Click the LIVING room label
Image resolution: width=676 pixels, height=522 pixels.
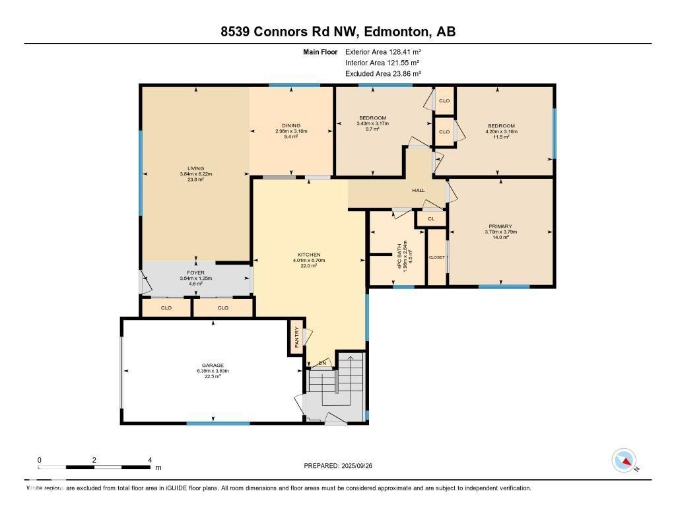coord(195,168)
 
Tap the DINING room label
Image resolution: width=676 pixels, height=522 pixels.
coord(291,125)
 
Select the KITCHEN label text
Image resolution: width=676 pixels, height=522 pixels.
coord(309,255)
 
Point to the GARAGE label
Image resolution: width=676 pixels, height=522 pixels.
coord(213,365)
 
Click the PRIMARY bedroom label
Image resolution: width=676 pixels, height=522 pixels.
coord(501,226)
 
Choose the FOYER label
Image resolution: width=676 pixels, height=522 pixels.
coord(195,273)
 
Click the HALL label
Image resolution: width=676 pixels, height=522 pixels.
coord(418,191)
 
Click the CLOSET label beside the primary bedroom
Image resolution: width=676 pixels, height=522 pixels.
coord(437,257)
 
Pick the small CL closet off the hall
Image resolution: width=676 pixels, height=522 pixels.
coord(431,218)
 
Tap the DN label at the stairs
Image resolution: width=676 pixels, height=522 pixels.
coord(323,363)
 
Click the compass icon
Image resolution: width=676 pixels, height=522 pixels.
coord(624,461)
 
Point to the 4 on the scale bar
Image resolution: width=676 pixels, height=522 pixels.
coord(150,460)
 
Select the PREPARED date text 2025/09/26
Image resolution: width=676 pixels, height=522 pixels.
coord(362,466)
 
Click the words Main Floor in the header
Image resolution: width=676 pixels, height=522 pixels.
coord(321,51)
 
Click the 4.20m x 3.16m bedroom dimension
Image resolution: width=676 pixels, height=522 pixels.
coord(501,131)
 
